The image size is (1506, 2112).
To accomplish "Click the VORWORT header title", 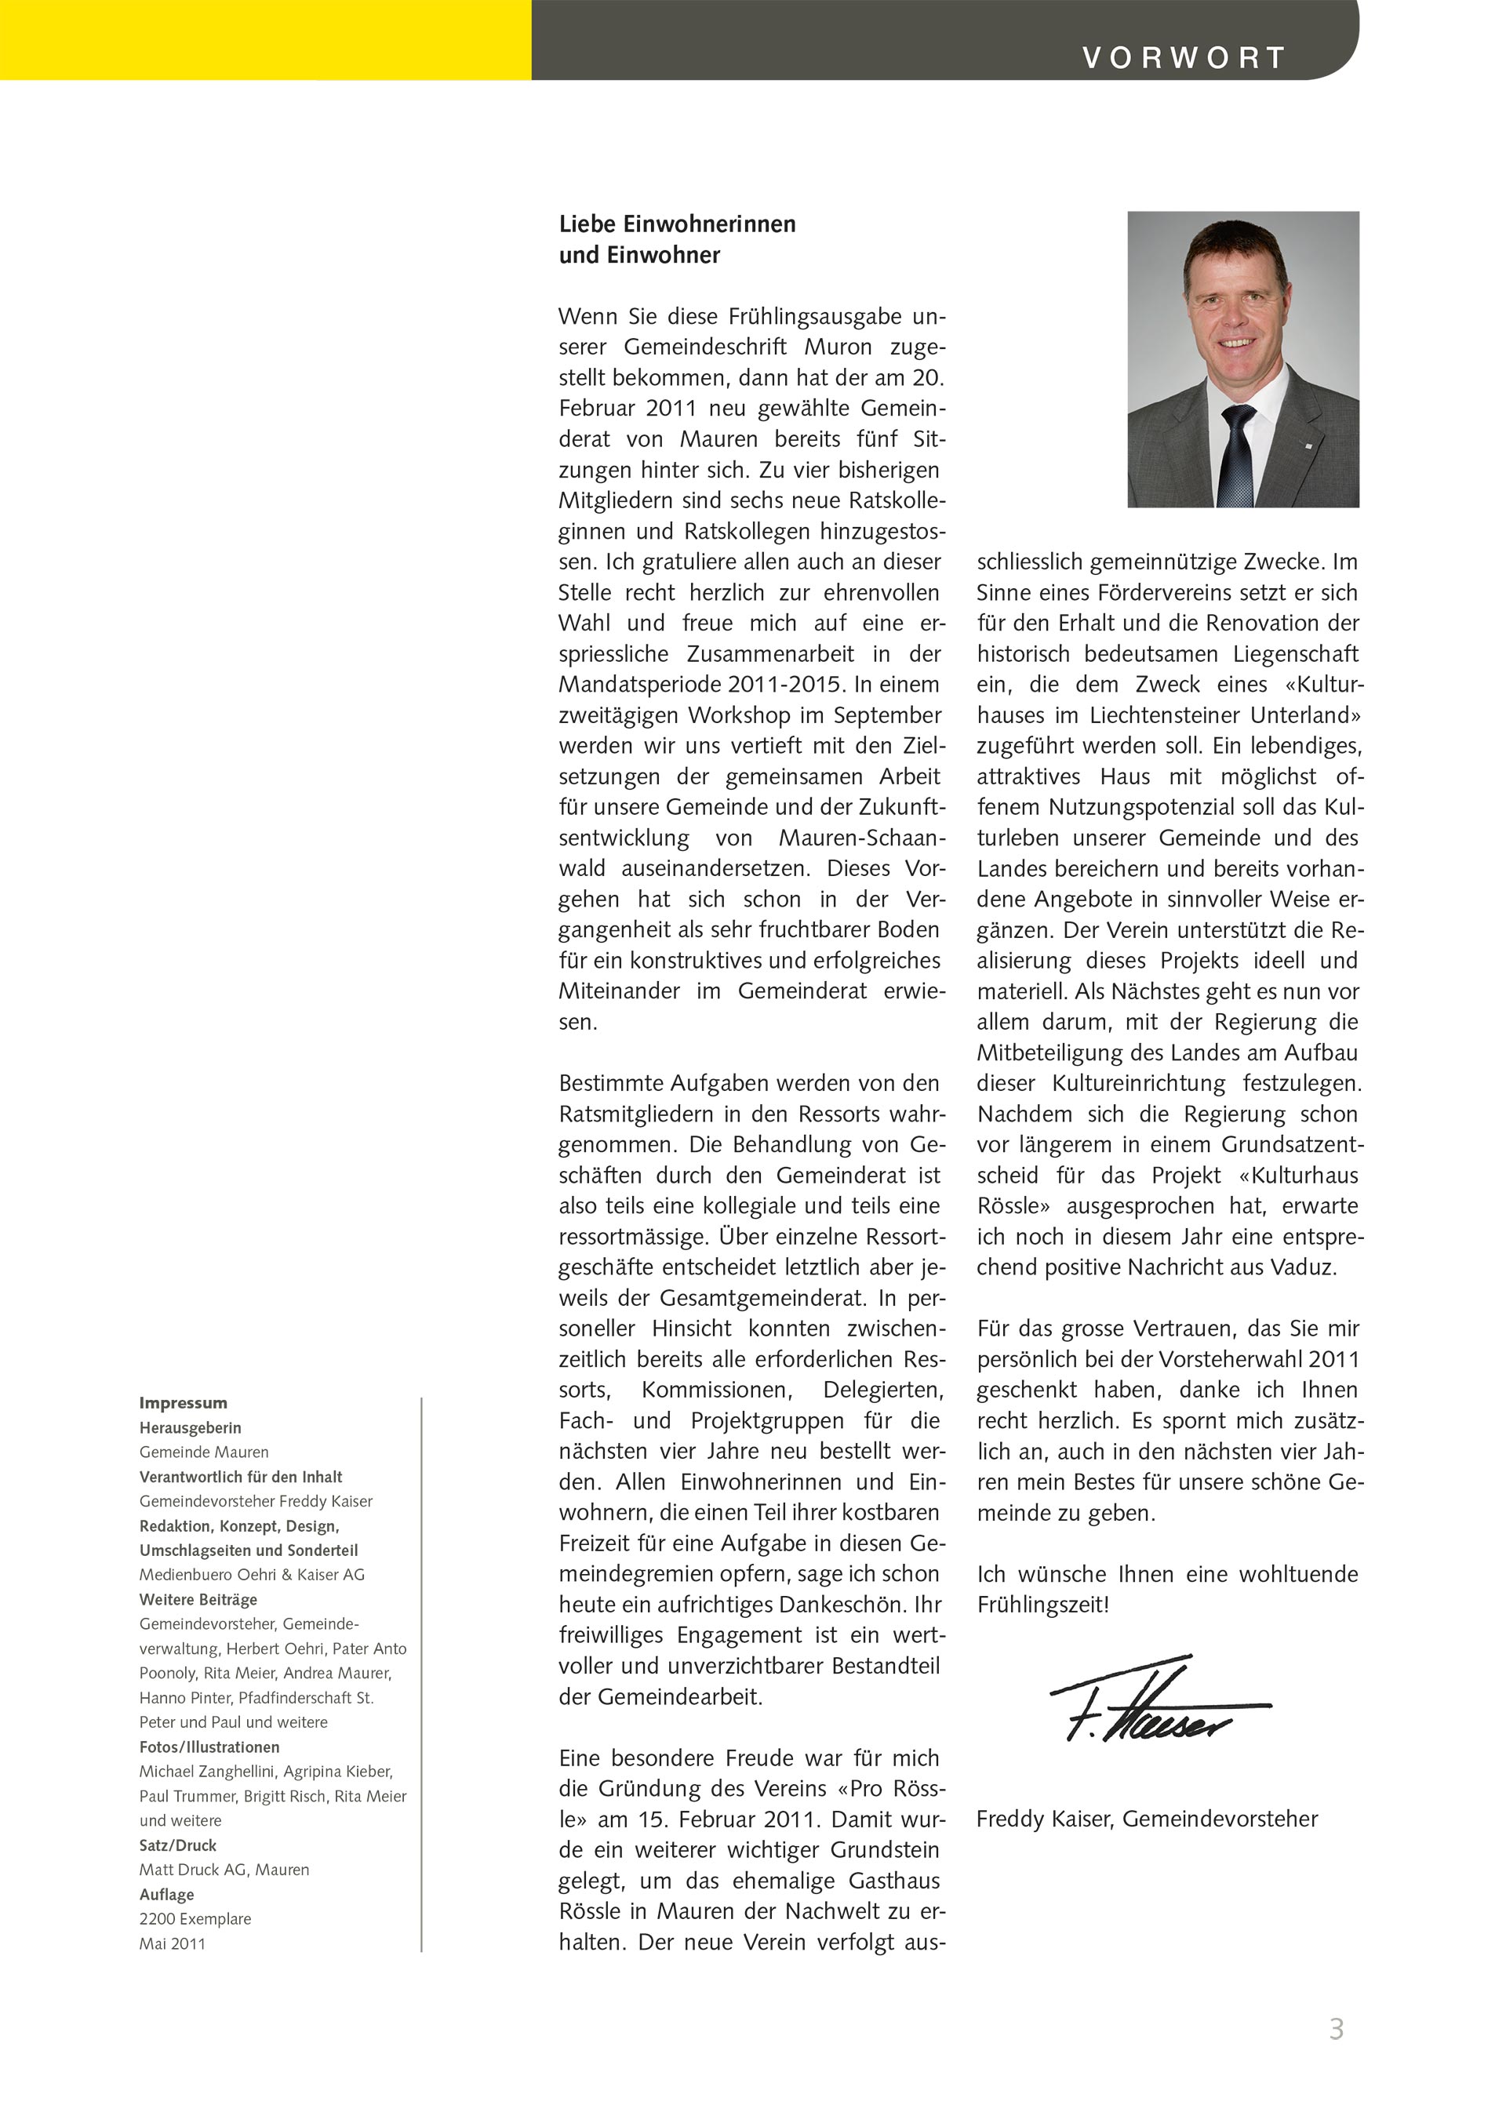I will click(1184, 57).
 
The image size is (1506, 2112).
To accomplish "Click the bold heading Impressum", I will click(183, 1403).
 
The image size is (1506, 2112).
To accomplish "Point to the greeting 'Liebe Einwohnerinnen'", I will click(677, 224).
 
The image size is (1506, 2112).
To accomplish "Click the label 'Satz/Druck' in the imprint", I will click(177, 1845).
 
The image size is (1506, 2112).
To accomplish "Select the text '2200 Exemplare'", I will click(195, 1918).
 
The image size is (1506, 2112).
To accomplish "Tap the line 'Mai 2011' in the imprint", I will click(173, 1943).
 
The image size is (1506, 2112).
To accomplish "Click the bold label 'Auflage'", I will click(167, 1894).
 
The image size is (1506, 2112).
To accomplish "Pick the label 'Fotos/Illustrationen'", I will click(209, 1747).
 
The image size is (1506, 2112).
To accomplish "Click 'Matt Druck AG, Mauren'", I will click(224, 1869).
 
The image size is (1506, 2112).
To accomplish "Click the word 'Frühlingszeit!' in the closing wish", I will click(1042, 1604).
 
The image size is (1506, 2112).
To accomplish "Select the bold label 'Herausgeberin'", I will click(190, 1428).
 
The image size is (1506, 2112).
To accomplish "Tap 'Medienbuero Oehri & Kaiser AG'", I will click(251, 1574).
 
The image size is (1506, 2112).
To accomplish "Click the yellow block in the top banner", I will click(265, 40).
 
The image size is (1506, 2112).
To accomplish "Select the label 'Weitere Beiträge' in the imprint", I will click(198, 1599).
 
